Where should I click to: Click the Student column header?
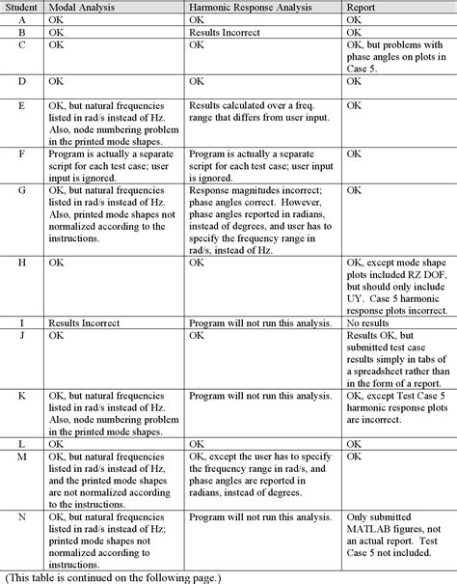tap(21, 7)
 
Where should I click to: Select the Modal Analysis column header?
tap(82, 7)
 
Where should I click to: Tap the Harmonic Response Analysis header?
tap(254, 7)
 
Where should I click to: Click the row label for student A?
tap(21, 19)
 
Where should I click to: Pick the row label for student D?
tap(21, 81)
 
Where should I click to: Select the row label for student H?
tap(21, 262)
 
